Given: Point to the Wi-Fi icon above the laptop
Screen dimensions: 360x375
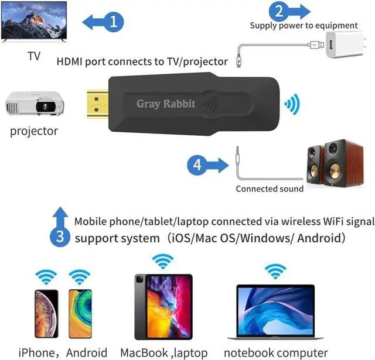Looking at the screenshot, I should [x=274, y=271].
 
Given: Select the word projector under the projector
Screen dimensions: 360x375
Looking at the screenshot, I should [x=34, y=131].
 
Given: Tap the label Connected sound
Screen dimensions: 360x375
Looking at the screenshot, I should [x=270, y=188].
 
